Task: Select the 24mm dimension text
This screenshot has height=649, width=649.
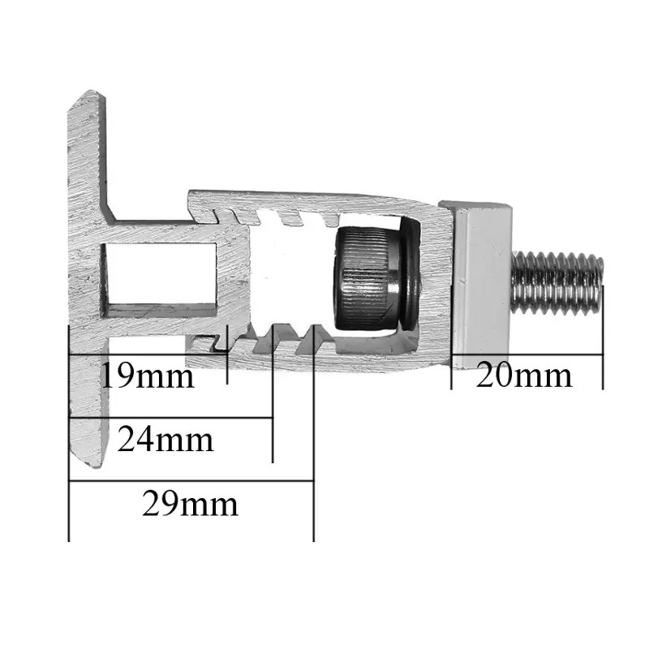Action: tap(165, 440)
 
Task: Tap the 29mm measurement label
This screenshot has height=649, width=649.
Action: tap(190, 505)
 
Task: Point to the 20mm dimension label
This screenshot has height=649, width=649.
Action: tap(524, 376)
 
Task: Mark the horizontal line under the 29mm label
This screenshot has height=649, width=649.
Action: tap(191, 481)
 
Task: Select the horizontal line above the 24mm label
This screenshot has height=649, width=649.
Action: tap(170, 419)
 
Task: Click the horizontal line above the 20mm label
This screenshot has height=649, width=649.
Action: tap(527, 355)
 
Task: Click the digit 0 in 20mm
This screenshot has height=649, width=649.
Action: tap(507, 376)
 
